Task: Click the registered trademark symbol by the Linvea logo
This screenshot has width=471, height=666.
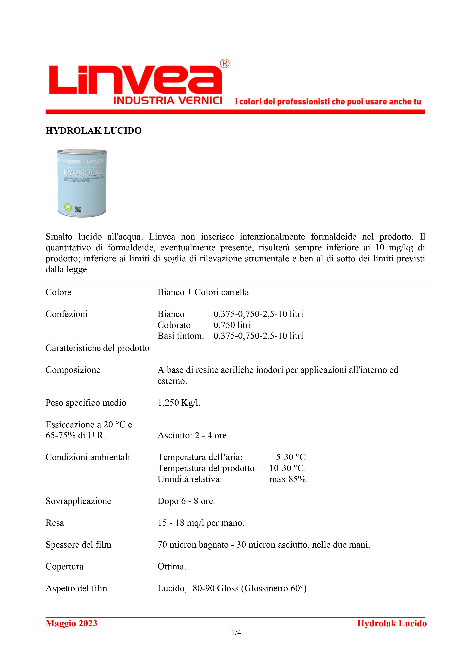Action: click(225, 64)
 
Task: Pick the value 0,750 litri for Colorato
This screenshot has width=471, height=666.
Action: click(232, 325)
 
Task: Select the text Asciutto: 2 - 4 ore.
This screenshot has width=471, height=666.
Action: click(193, 435)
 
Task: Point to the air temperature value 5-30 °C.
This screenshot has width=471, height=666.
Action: click(292, 457)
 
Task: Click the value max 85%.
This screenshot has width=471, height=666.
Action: click(288, 479)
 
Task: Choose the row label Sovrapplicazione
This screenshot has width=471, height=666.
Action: click(78, 501)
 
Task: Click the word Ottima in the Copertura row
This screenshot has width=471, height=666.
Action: click(171, 567)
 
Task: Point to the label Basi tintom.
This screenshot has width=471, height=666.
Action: click(181, 336)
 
